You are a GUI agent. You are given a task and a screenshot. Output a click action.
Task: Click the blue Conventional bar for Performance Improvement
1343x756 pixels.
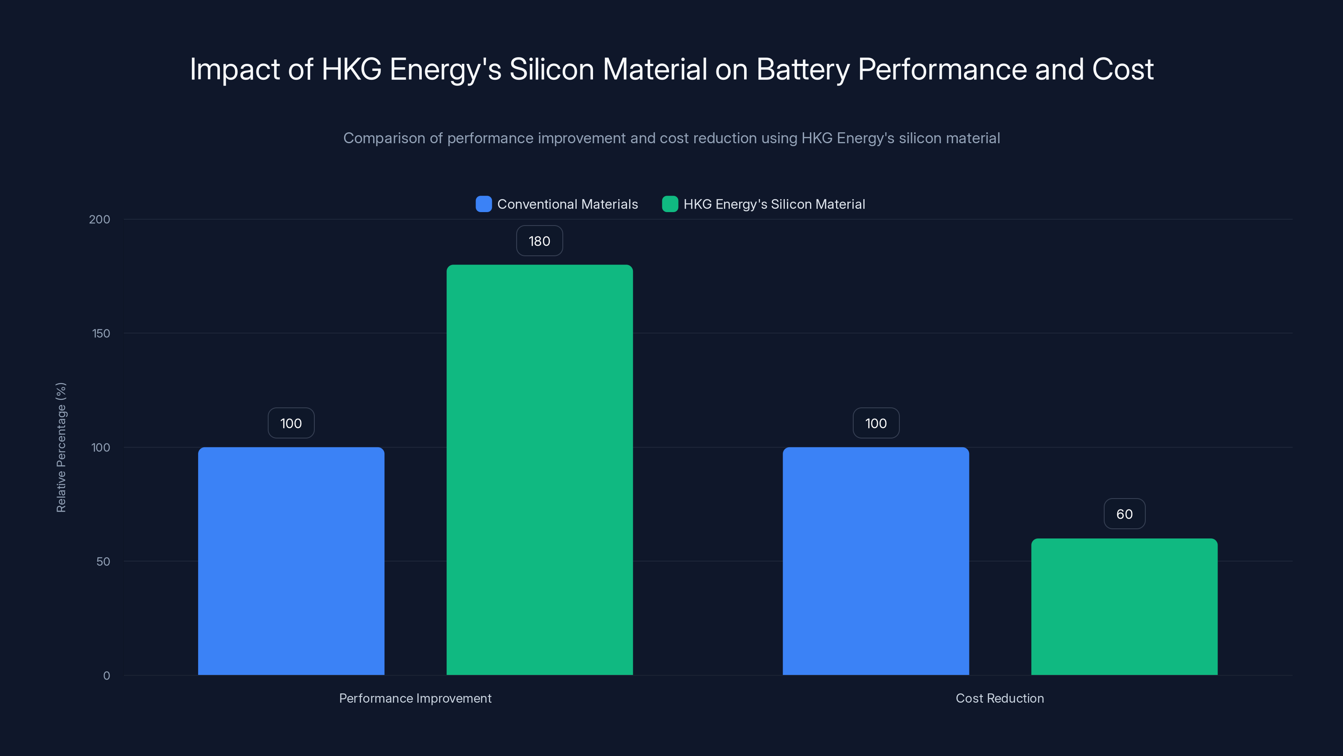291,561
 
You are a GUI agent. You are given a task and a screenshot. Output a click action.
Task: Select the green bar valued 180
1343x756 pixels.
540,470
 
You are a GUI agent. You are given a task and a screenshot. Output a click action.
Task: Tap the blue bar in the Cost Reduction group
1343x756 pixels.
875,561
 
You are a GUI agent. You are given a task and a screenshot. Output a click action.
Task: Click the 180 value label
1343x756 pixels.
540,241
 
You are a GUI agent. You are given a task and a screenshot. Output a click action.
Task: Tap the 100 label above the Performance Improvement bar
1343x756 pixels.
291,423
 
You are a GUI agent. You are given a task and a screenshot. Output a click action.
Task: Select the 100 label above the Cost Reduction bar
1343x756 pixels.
875,423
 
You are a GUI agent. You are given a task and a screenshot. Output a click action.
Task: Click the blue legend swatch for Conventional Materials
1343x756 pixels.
484,204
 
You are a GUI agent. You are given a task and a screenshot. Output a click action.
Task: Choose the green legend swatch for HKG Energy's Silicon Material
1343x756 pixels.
670,204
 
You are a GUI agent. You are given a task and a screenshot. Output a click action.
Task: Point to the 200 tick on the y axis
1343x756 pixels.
99,219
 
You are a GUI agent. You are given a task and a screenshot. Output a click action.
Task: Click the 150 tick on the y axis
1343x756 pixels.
101,333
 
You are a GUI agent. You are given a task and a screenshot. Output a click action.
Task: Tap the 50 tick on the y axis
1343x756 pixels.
103,562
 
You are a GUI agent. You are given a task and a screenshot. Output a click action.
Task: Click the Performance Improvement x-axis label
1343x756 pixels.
415,698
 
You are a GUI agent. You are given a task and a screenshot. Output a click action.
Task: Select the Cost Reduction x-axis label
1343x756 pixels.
999,698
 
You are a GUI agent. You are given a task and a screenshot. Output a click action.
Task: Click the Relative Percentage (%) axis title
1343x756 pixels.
61,447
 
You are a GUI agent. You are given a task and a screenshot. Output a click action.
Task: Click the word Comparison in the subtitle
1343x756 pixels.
384,138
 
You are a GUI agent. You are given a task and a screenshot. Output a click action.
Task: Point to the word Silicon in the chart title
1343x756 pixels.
551,70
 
